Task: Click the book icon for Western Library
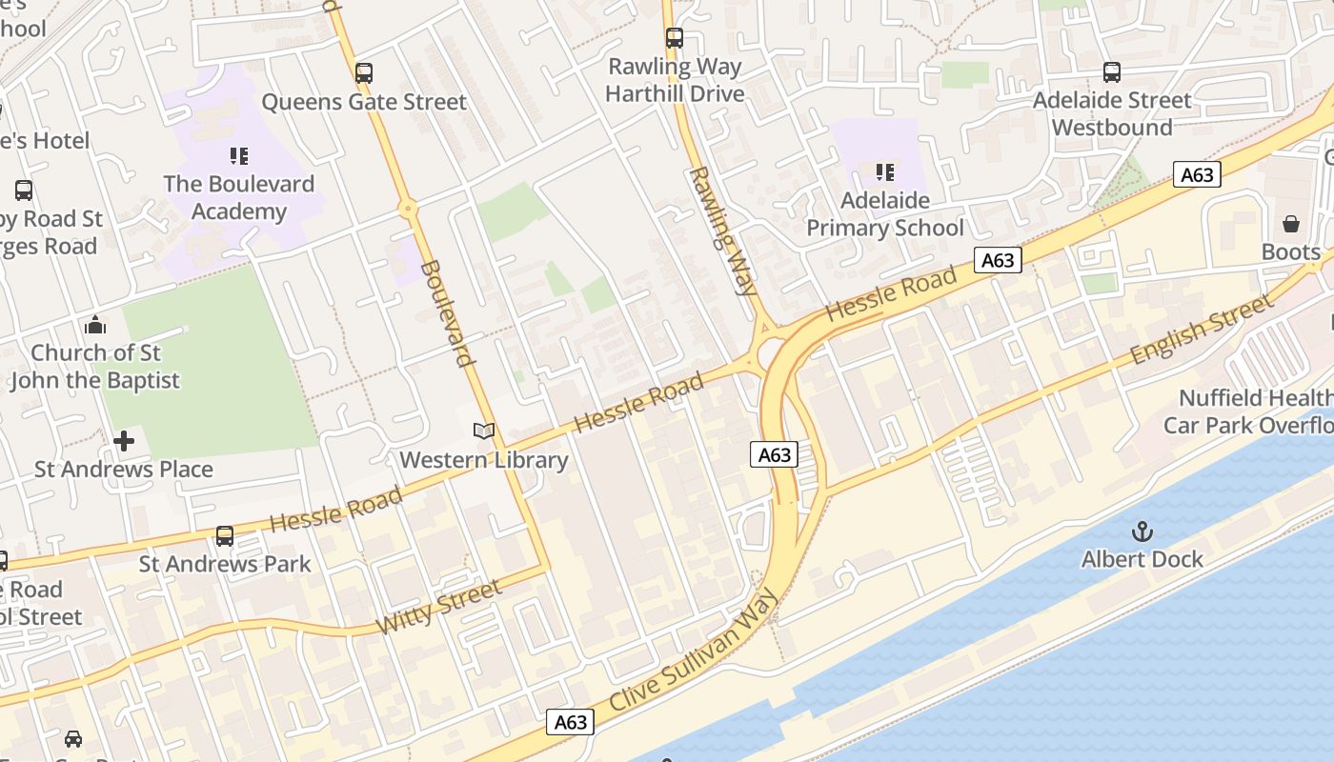[484, 431]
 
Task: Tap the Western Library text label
[483, 461]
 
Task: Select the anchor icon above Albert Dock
[1142, 531]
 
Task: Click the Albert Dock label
[1142, 559]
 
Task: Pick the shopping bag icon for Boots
[1291, 224]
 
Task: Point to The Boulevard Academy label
[238, 197]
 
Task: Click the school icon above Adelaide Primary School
[885, 172]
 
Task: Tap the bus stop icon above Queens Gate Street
[363, 72]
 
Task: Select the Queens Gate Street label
[364, 102]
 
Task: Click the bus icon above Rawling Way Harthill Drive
[675, 38]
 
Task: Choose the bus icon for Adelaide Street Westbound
[1112, 71]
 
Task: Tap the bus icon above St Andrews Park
[225, 535]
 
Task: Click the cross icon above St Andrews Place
[124, 441]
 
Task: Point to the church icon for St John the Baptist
[94, 325]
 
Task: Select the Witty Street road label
[438, 609]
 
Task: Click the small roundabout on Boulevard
[408, 207]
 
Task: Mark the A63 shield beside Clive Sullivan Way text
[571, 722]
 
